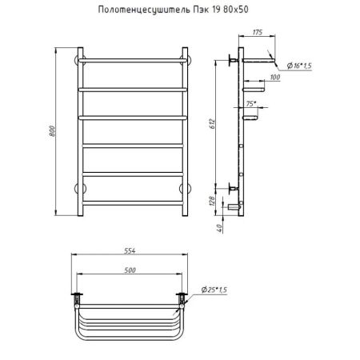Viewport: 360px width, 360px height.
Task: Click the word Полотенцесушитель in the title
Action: [x=145, y=10]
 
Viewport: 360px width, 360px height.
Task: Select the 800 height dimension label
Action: [x=52, y=131]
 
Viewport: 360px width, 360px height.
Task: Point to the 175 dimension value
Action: [x=258, y=32]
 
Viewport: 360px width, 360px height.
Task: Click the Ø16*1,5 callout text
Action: [x=299, y=66]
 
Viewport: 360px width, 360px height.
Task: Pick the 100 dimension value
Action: [x=275, y=77]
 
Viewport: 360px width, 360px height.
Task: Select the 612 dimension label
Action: [x=212, y=124]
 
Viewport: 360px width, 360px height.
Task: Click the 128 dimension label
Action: [x=212, y=201]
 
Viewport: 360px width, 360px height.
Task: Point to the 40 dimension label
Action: [x=219, y=228]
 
